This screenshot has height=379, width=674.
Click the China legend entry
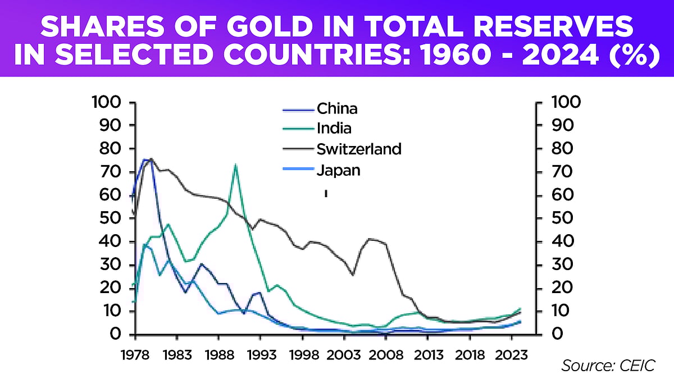(337, 108)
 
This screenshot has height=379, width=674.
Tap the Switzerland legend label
(359, 149)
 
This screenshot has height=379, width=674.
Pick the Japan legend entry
(338, 170)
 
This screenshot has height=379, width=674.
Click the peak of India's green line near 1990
(235, 165)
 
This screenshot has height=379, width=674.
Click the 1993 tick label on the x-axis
(260, 355)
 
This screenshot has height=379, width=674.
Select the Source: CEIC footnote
(608, 366)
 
